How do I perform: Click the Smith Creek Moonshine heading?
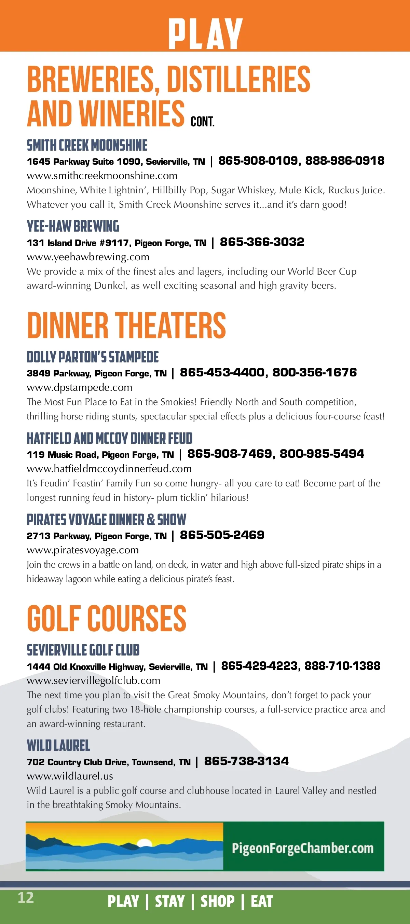pyautogui.click(x=87, y=145)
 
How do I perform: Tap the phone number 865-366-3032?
pyautogui.click(x=262, y=242)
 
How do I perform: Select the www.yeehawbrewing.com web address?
pyautogui.click(x=88, y=257)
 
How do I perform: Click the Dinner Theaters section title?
pyautogui.click(x=126, y=325)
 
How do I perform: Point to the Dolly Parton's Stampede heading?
pyautogui.click(x=93, y=357)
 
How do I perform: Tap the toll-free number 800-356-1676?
pyautogui.click(x=315, y=373)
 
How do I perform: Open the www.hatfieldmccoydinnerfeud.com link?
pyautogui.click(x=109, y=468)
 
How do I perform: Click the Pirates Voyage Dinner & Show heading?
pyautogui.click(x=107, y=520)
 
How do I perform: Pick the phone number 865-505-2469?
pyautogui.click(x=222, y=535)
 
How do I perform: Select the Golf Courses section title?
pyautogui.click(x=107, y=618)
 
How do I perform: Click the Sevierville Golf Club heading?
pyautogui.click(x=83, y=650)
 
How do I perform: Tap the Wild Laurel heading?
pyautogui.click(x=58, y=746)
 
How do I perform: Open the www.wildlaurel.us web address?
pyautogui.click(x=70, y=776)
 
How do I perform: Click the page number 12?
pyautogui.click(x=26, y=898)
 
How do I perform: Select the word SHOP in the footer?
pyautogui.click(x=217, y=901)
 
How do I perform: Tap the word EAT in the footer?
pyautogui.click(x=262, y=901)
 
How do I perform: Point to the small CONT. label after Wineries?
pyautogui.click(x=202, y=122)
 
